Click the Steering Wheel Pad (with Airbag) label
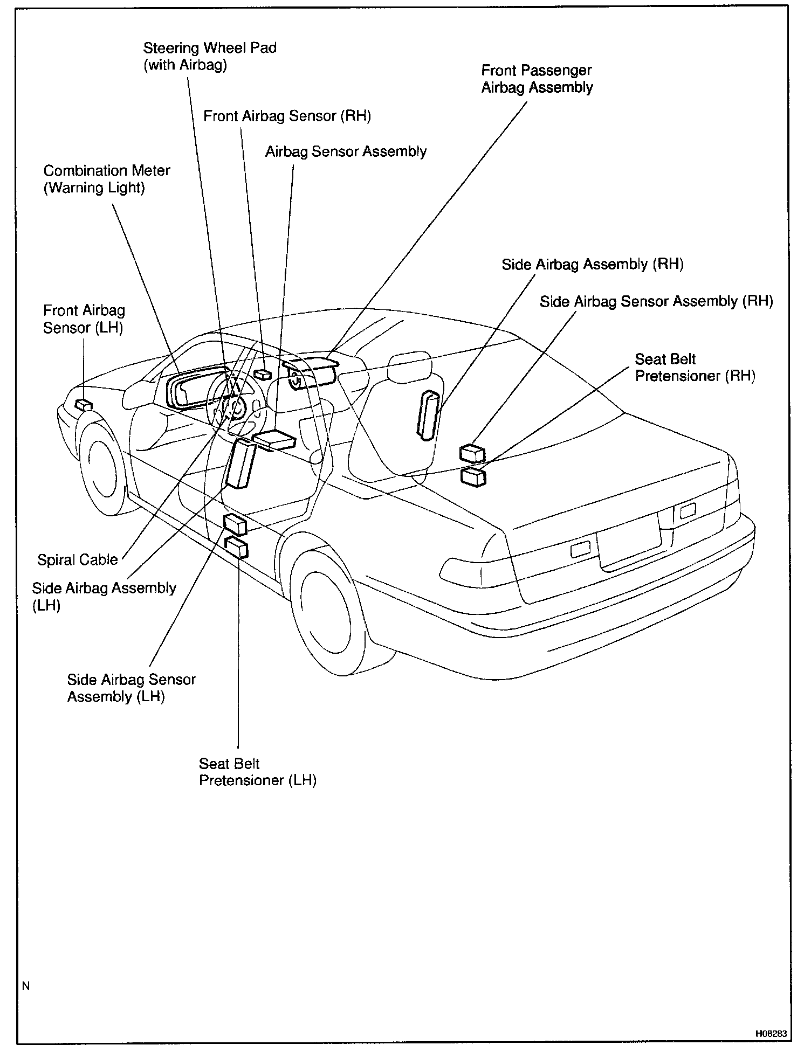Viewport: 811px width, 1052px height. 209,56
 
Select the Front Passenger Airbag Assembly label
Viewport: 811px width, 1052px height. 537,79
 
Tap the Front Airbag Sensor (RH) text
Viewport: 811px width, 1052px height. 287,116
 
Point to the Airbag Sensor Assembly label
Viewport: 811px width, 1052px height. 346,151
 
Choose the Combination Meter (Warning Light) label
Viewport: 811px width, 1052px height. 106,179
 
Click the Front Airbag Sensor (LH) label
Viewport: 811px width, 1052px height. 84,319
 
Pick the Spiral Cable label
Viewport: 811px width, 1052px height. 77,559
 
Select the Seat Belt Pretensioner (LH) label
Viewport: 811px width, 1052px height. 257,772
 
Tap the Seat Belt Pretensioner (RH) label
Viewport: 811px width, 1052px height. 695,367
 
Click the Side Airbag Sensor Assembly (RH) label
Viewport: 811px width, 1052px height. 656,301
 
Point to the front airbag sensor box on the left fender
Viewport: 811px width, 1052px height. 84,405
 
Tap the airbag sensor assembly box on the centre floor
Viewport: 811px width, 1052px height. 274,440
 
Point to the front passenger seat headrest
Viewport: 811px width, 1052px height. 409,365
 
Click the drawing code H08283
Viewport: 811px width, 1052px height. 771,1034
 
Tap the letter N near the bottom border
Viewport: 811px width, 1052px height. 26,986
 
